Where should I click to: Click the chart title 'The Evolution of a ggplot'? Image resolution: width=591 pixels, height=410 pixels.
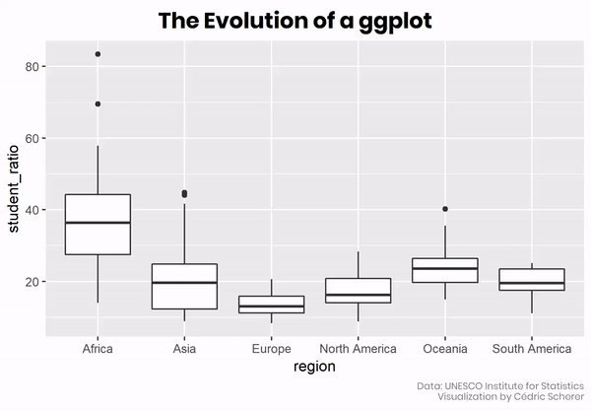tap(295, 21)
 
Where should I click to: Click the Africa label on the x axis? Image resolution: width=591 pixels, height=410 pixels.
tap(98, 349)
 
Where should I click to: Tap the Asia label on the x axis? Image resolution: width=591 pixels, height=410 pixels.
tap(184, 349)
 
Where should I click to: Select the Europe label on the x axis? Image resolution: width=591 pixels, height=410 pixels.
tap(271, 349)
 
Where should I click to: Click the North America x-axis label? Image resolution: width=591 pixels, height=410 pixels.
tap(358, 349)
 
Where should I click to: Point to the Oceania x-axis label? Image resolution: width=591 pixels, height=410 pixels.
tap(444, 349)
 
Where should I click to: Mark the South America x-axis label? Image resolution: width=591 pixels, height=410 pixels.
tap(531, 349)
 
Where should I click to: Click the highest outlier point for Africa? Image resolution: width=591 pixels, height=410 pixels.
tap(98, 54)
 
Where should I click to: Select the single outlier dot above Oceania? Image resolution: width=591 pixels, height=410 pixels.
tap(444, 209)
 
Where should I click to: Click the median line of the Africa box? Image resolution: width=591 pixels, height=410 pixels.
tap(98, 223)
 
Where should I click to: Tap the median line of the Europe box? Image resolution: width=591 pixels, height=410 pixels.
tap(271, 307)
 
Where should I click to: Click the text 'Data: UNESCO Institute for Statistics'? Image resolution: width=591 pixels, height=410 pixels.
tap(499, 385)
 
